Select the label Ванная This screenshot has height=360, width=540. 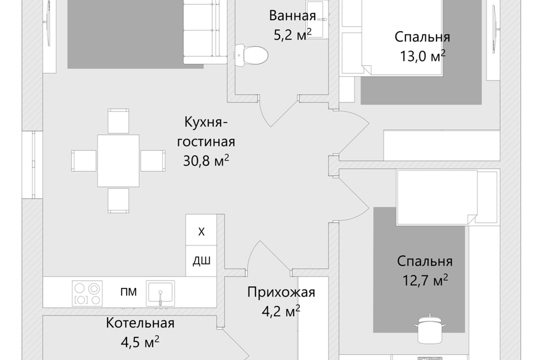292,16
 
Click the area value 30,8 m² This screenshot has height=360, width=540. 206,161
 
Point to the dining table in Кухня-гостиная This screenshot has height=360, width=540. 118,161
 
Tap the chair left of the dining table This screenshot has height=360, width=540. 84,161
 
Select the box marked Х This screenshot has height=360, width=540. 201,232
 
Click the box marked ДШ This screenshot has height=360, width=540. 201,261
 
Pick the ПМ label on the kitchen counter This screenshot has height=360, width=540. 128,292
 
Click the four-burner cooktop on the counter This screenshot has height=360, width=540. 86,293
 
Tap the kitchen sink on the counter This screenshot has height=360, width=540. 160,292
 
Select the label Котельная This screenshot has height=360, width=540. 140,323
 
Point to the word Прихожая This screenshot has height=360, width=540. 281,292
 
